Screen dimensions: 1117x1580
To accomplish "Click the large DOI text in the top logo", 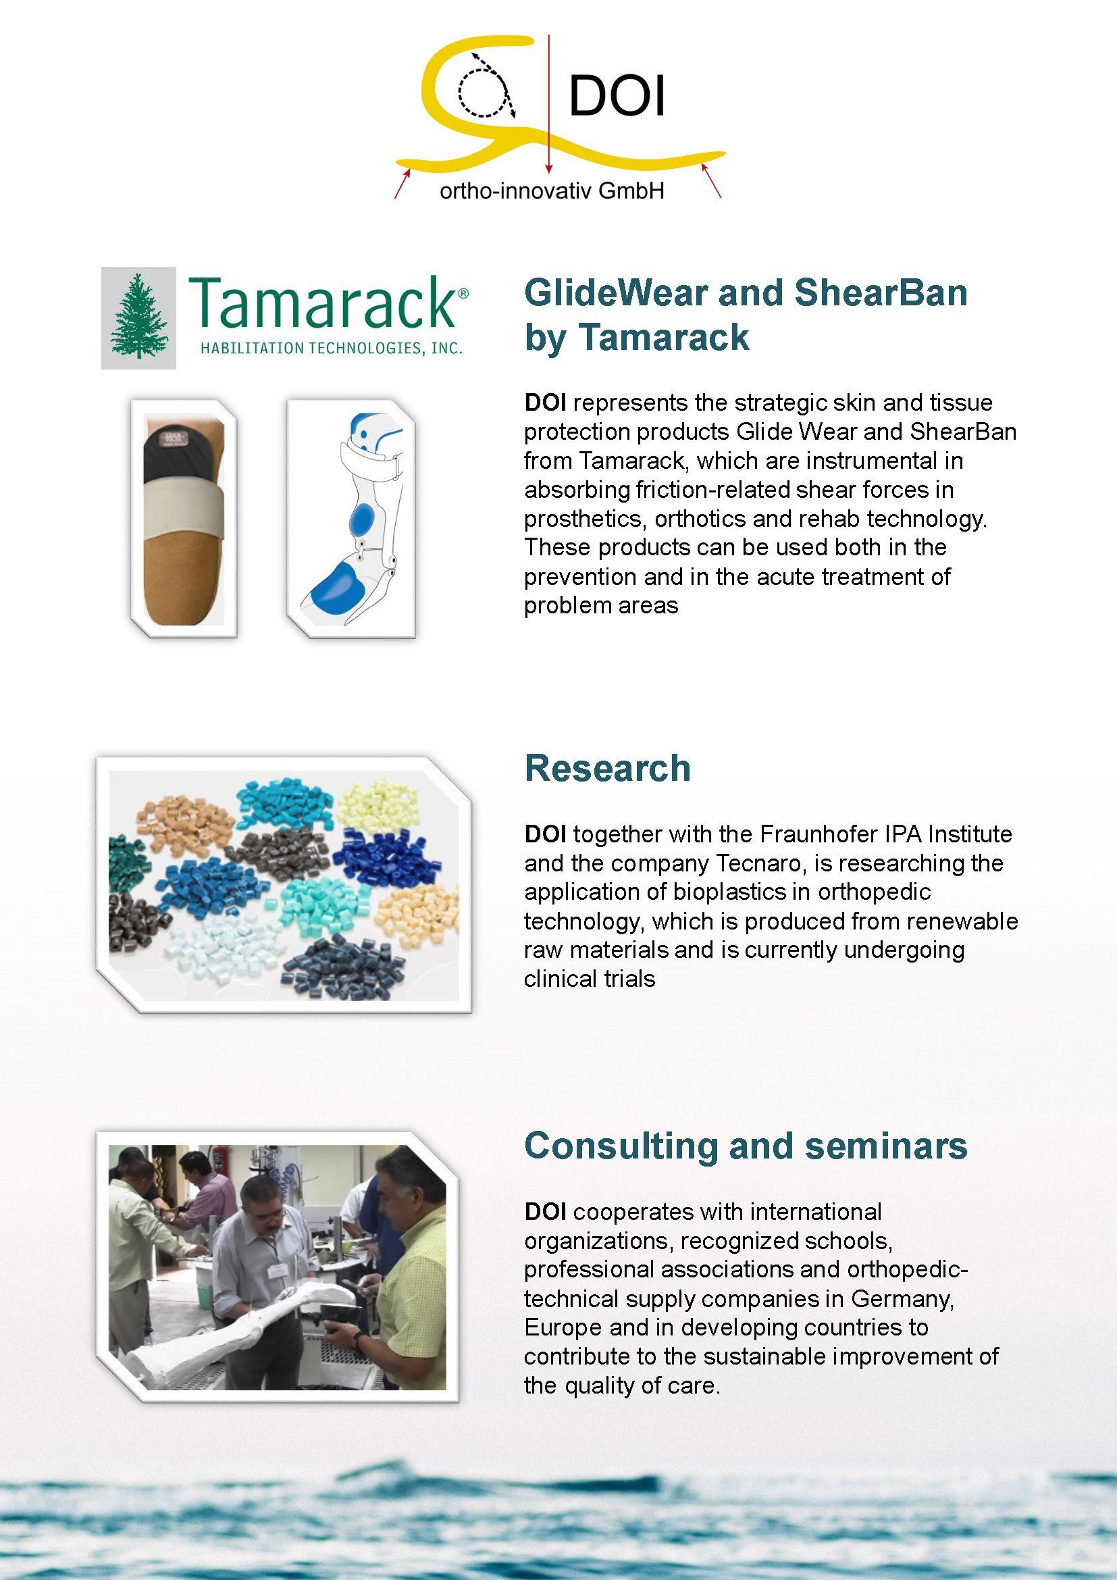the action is tap(617, 97).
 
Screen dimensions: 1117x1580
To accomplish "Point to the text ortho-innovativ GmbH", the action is tap(552, 190).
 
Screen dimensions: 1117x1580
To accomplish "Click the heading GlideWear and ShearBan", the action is tap(746, 292).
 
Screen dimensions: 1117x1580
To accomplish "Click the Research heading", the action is tap(607, 768).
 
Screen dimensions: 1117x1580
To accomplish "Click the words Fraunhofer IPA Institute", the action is tap(886, 834).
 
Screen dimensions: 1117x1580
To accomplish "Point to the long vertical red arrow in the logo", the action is tap(548, 102).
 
